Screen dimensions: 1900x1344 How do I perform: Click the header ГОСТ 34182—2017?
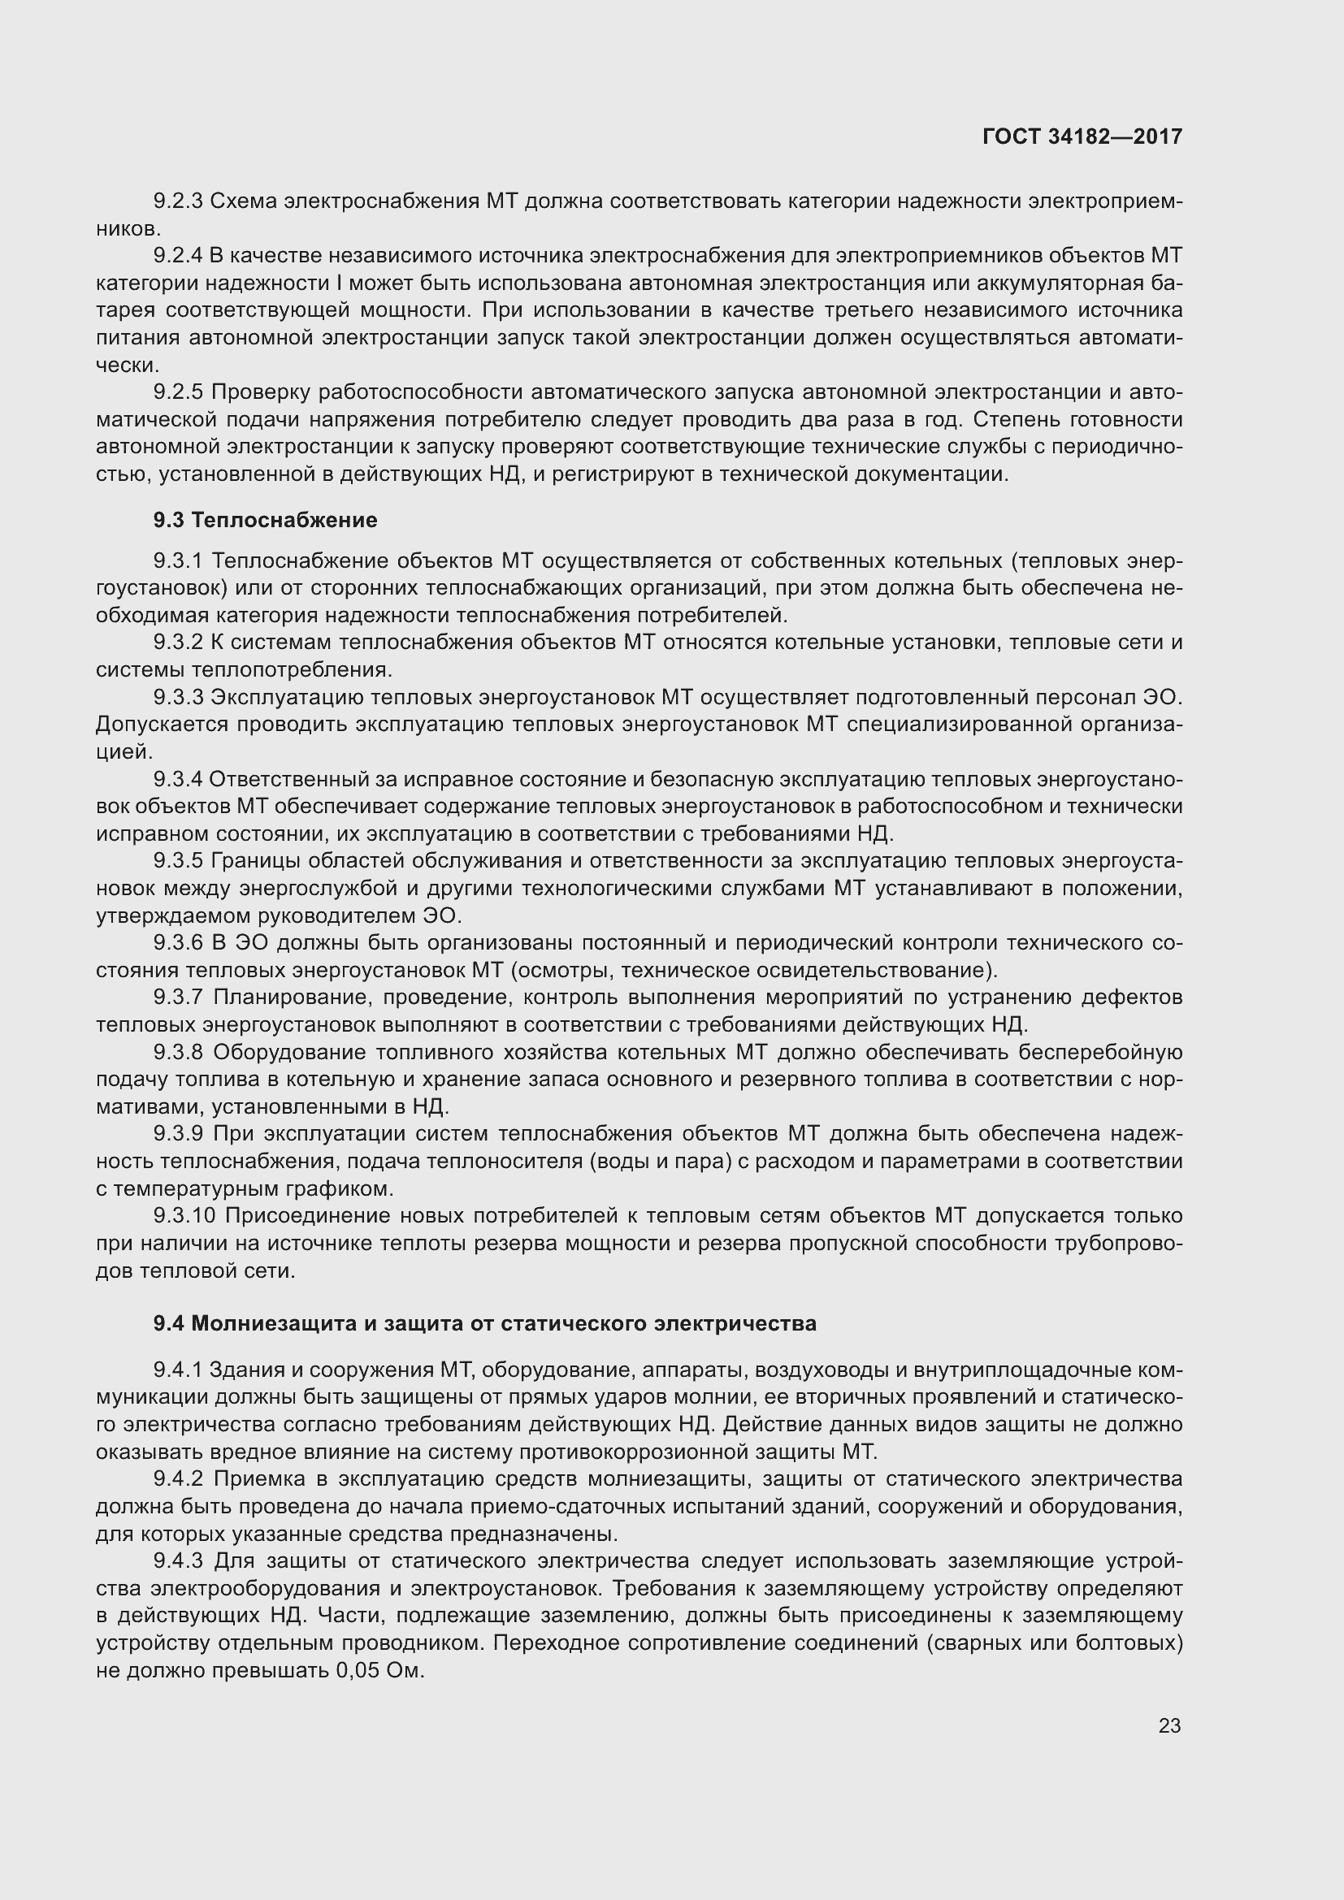[x=1082, y=136]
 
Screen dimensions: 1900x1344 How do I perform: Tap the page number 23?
[x=1168, y=1725]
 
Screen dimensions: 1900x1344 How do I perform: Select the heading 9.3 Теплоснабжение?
[x=265, y=520]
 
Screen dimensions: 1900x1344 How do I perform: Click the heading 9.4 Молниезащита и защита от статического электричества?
[x=484, y=1323]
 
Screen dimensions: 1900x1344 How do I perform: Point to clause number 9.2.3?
[x=178, y=201]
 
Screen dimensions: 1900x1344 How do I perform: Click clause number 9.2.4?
[x=178, y=256]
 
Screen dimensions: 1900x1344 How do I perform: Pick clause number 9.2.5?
[x=178, y=392]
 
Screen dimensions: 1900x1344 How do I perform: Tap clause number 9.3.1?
[x=178, y=561]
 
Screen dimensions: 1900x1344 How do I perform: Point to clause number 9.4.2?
[x=178, y=1478]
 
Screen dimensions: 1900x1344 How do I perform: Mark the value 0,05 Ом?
[x=379, y=1670]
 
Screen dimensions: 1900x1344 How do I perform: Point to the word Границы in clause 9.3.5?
[x=254, y=861]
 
